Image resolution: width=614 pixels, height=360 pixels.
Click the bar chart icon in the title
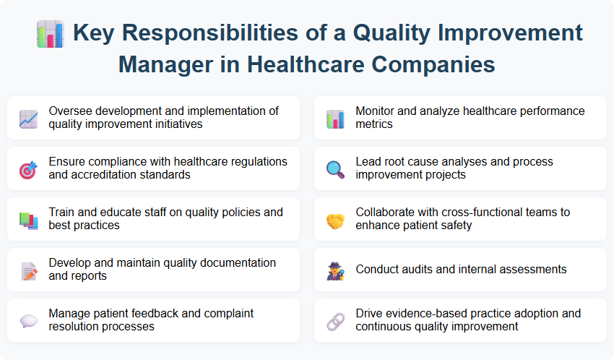click(x=50, y=34)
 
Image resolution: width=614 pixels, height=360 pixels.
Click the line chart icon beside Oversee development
click(x=29, y=119)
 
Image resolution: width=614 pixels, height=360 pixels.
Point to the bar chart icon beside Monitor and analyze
click(x=335, y=119)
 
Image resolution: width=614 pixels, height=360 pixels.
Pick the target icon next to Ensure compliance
click(x=29, y=169)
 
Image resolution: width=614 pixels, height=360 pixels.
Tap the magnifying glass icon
click(x=335, y=169)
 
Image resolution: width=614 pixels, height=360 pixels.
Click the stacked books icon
click(x=29, y=220)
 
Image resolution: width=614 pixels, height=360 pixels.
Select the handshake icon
click(x=335, y=220)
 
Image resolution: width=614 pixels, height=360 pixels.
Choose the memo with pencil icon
click(x=29, y=270)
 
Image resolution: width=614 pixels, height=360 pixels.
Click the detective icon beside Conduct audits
click(x=335, y=270)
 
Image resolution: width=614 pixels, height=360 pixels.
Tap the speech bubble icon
click(x=29, y=321)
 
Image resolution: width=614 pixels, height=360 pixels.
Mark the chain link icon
click(x=335, y=321)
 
